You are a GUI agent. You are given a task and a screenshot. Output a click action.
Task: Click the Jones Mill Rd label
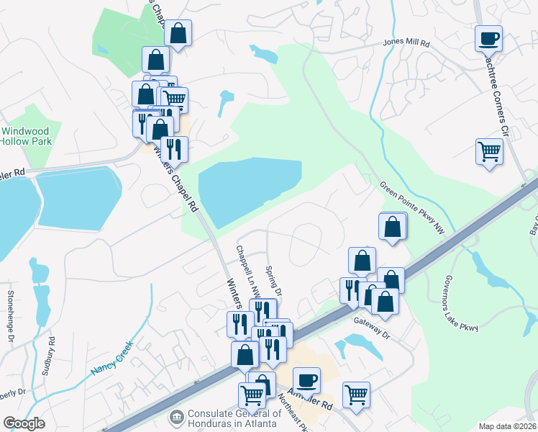coord(406,44)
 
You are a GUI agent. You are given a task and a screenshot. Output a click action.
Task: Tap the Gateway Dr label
coord(371,325)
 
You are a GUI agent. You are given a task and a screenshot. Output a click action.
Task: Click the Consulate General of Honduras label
coord(234,418)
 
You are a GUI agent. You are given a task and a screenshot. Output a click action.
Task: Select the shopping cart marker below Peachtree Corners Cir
coord(489,152)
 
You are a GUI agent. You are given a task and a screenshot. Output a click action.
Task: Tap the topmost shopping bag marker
coord(178,32)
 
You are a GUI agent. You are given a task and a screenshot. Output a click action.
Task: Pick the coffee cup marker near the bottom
coord(306,379)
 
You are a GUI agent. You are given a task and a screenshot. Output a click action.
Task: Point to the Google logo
coord(24,423)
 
